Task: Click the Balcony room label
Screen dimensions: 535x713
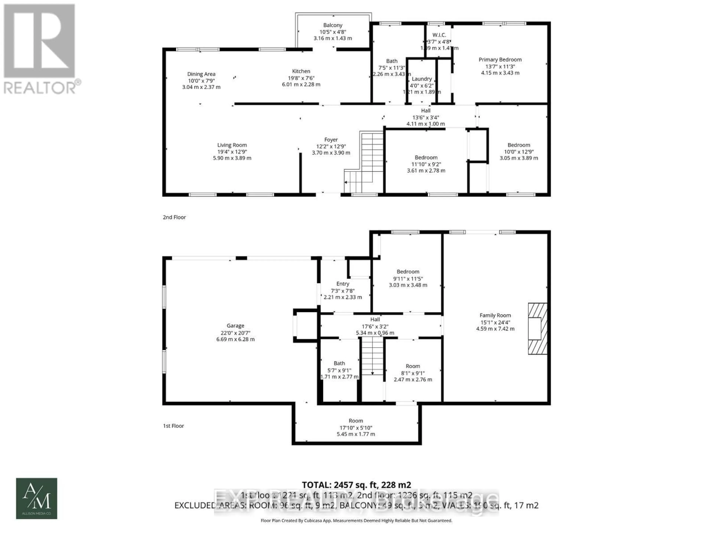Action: click(333, 25)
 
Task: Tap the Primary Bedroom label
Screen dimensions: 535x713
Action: click(500, 60)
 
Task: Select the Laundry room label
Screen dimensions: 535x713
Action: click(422, 79)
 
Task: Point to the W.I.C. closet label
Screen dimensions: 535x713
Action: click(439, 35)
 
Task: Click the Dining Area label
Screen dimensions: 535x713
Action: click(201, 74)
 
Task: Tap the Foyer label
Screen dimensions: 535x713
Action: click(331, 140)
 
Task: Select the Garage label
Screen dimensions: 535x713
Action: click(235, 326)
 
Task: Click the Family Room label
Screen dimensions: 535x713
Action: click(495, 315)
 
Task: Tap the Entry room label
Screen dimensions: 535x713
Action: click(343, 284)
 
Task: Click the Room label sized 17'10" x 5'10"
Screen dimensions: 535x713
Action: click(356, 421)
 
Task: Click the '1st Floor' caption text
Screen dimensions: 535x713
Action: click(173, 426)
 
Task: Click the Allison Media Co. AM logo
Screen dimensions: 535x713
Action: click(37, 498)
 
